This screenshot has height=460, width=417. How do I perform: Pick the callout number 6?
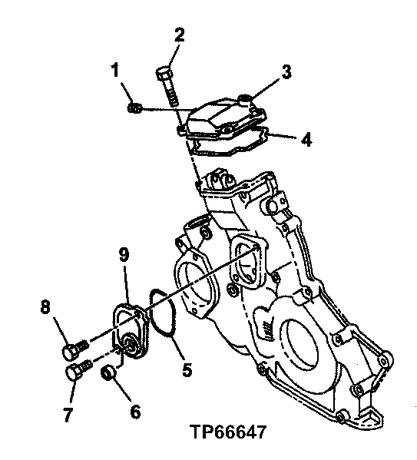[134, 412]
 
